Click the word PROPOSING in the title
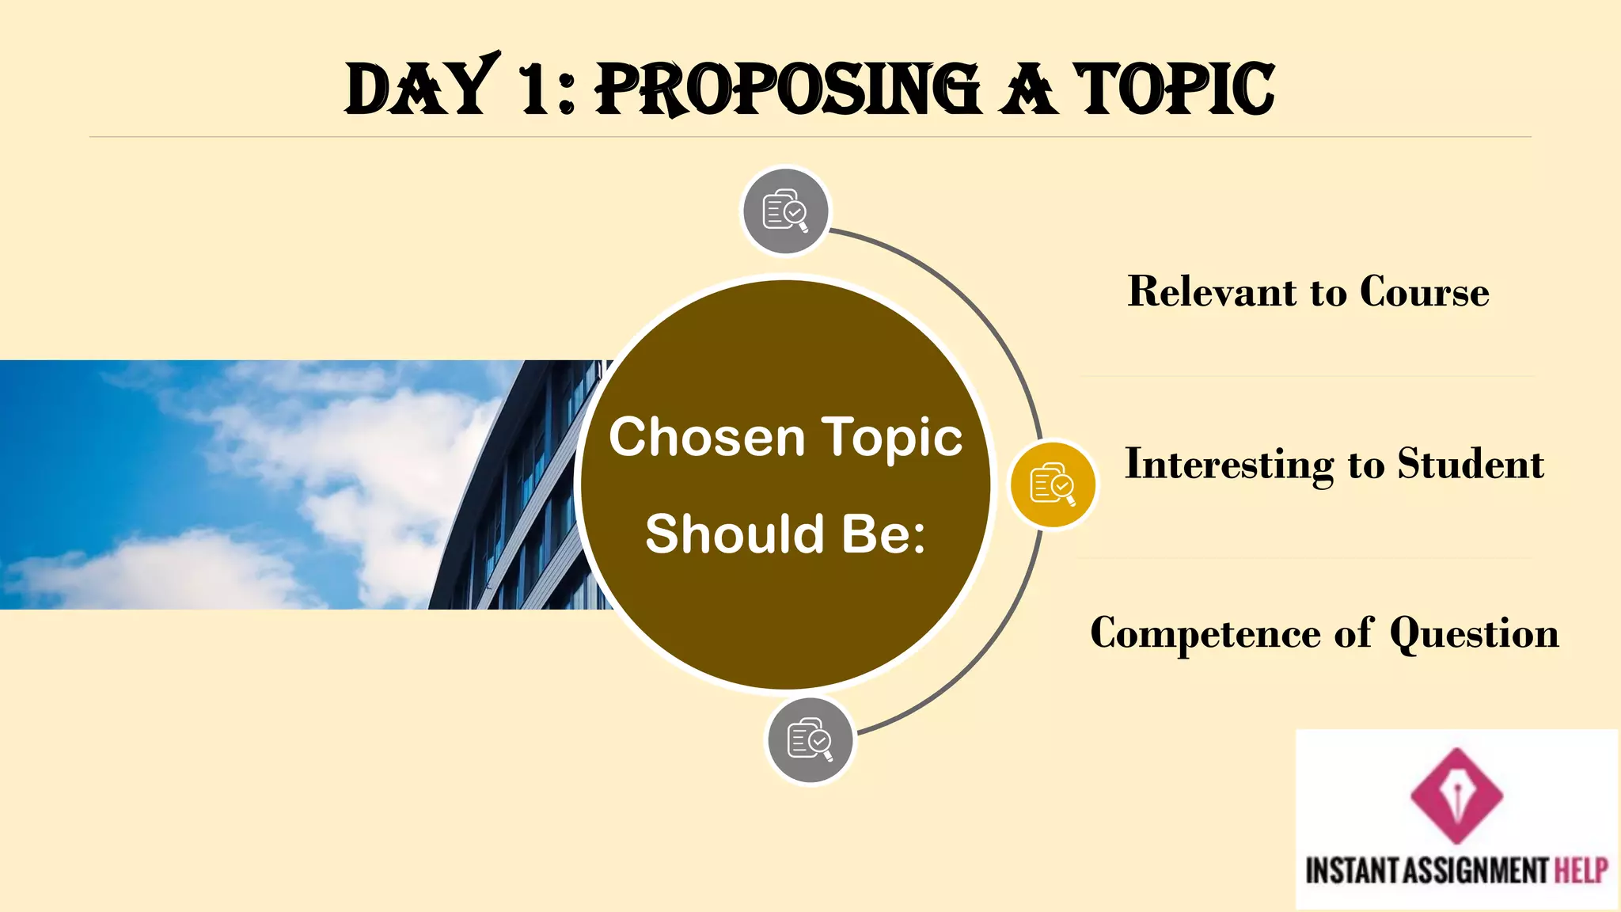pos(788,89)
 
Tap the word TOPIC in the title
pos(1174,89)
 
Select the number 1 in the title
pos(533,89)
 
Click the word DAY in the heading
pos(420,89)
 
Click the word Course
pos(1424,291)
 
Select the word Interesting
pos(1229,464)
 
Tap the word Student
pos(1470,464)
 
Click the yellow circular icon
pos(1053,484)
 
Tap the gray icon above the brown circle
pos(785,211)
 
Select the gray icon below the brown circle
pos(810,740)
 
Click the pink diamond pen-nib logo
pos(1456,795)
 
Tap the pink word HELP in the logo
pos(1581,871)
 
